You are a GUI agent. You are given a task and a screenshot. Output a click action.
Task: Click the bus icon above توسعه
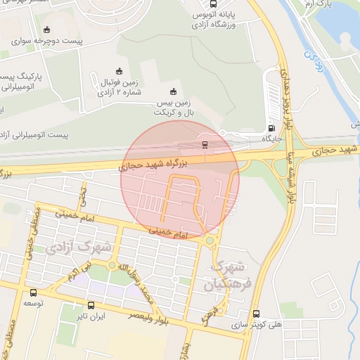(33, 292)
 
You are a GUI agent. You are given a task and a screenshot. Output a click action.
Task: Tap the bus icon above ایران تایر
(90, 306)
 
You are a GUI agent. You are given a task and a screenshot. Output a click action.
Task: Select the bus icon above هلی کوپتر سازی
(255, 314)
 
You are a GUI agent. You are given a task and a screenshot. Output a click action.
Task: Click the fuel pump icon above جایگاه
(272, 128)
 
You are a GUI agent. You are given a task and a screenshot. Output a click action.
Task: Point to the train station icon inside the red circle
(205, 145)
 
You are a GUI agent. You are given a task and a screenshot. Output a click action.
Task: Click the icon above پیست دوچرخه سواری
(46, 30)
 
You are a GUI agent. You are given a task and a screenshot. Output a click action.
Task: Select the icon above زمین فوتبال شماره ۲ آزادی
(120, 71)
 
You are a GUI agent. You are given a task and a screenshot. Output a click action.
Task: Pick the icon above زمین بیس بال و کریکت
(173, 91)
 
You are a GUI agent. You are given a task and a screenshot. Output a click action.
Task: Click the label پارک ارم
(319, 4)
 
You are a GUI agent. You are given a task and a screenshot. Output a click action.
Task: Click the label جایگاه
(272, 139)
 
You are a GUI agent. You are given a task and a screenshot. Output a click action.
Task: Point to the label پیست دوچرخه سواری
(52, 41)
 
